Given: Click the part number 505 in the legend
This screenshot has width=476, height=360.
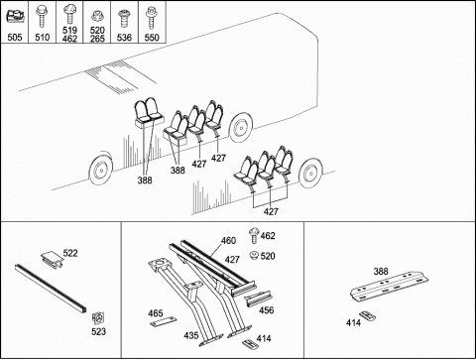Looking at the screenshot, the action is pos(15,37).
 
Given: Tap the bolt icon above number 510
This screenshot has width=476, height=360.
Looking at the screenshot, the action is pos(42,15).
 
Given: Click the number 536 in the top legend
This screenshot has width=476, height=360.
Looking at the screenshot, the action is pos(124,38).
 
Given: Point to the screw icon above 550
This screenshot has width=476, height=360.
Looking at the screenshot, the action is pos(152,18).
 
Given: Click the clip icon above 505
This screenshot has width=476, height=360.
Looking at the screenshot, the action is pos(15,17).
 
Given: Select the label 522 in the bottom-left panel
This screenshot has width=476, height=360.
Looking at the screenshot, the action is pos(70,253).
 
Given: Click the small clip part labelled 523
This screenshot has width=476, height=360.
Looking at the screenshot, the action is pos(98,317).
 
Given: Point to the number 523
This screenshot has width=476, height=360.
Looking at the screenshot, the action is pos(98,331).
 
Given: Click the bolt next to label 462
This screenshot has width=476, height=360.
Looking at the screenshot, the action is pos(254,235).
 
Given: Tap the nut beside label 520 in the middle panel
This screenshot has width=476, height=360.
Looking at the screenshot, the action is pos(254,255).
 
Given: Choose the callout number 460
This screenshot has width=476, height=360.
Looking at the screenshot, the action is pos(228,240).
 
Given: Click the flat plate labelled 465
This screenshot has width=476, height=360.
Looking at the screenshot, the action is pos(163,321).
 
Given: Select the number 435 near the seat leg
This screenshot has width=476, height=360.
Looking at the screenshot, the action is pos(191,335).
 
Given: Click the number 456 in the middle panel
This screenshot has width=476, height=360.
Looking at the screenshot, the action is pos(266,310).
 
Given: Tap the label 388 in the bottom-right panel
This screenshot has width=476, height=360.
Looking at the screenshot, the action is pos(381,271).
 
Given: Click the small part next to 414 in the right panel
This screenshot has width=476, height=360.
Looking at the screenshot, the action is pos(367,315).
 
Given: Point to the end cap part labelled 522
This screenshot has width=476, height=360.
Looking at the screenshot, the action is pos(53,258).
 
